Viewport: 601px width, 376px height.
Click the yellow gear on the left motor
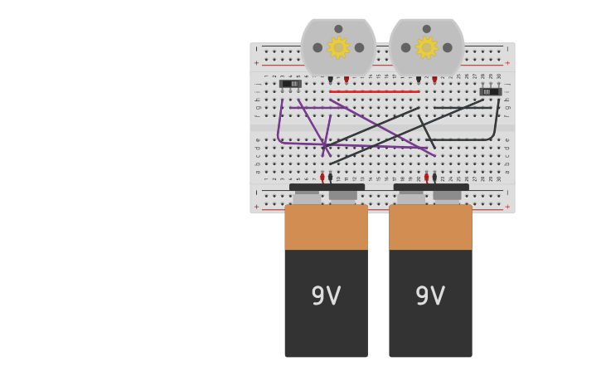(x=338, y=47)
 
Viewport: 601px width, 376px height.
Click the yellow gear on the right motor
(x=426, y=47)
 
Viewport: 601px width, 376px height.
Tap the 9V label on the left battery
(x=326, y=296)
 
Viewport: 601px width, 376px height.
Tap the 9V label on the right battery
(x=430, y=296)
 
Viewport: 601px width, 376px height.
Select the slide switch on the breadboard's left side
(x=290, y=84)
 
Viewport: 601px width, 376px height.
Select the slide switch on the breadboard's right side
(x=490, y=91)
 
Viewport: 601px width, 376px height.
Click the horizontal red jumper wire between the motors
(x=374, y=91)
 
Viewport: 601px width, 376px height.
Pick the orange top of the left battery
(x=326, y=227)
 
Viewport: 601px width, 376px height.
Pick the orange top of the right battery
(x=430, y=227)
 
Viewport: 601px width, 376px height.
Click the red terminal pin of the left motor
(x=347, y=80)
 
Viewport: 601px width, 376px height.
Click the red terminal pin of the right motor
(x=434, y=80)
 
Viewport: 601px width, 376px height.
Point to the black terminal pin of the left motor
(x=330, y=80)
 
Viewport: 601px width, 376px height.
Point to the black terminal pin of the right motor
(x=419, y=80)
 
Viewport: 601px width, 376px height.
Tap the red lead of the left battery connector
(x=322, y=178)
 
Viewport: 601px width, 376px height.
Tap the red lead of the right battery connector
(x=427, y=178)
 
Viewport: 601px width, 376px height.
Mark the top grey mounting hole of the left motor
(x=338, y=29)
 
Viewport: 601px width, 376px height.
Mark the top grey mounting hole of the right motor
(x=427, y=29)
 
